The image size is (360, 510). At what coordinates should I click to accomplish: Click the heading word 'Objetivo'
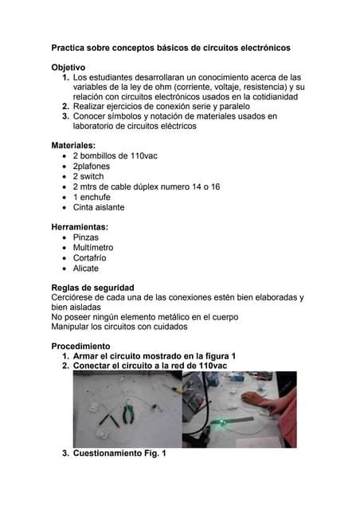pos(68,68)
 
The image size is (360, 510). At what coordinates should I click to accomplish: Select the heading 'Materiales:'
pos(73,146)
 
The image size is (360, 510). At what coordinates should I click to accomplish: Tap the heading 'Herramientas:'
pos(80,227)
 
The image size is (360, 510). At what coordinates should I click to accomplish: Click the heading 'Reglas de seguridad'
pos(92,288)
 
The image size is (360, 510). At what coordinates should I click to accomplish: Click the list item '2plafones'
pos(92,167)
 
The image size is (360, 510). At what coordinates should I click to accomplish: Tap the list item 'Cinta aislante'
pos(99,207)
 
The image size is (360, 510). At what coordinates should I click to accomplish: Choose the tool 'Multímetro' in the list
pos(93,248)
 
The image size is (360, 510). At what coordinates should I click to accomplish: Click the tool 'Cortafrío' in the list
pos(89,258)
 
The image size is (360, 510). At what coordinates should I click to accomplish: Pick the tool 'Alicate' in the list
pos(86,269)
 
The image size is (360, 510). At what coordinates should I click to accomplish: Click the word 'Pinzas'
pos(86,237)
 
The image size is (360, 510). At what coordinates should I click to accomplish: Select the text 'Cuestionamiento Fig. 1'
pos(119,453)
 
